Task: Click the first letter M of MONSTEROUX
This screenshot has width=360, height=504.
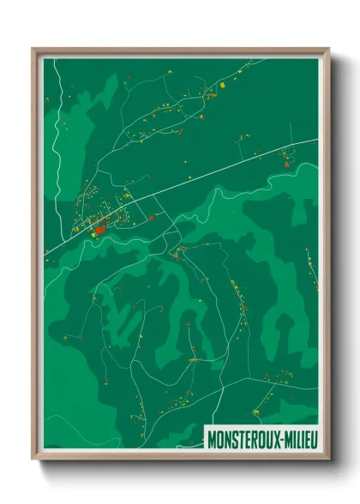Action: [212, 437]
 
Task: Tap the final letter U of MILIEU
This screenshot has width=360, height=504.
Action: [314, 437]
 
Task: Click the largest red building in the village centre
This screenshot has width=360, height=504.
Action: [99, 229]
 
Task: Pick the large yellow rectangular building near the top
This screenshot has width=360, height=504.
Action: [218, 85]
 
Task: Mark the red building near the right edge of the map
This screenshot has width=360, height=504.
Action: [286, 159]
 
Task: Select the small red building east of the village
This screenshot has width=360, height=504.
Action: [152, 218]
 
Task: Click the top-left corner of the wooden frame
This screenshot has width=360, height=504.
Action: [33, 49]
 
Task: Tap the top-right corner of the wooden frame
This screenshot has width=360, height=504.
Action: [328, 49]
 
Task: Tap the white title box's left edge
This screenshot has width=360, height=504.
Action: [206, 437]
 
